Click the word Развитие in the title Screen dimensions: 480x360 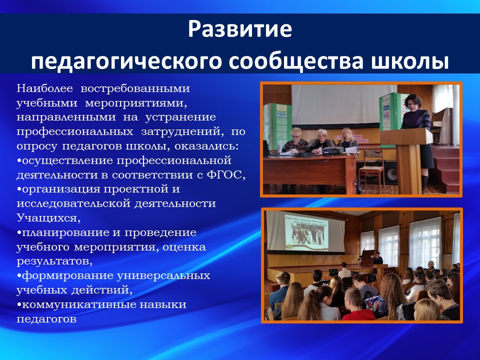(240, 29)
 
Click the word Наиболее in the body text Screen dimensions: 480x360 (44, 88)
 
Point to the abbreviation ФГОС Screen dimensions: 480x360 (226, 175)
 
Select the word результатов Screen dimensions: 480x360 (54, 261)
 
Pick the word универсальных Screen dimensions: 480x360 (163, 276)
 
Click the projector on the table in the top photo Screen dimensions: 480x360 (333, 150)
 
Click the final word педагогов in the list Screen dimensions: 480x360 (46, 319)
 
